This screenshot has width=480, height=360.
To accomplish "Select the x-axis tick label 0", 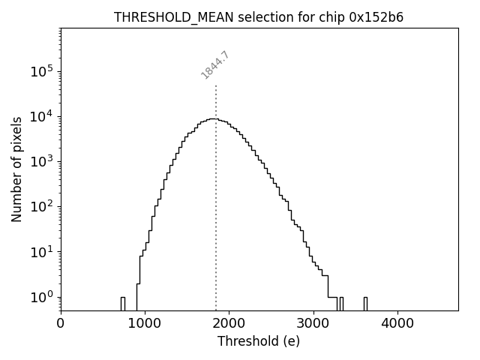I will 61,324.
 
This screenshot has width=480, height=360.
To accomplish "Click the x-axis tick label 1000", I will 145,324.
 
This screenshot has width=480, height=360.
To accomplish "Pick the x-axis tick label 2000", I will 229,324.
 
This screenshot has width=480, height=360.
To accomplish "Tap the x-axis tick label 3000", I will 313,324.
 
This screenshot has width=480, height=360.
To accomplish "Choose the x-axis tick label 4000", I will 397,324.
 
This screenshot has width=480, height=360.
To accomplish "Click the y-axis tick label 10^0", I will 40,297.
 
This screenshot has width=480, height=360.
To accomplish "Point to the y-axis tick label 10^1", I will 40,252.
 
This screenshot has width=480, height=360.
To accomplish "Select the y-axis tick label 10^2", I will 40,207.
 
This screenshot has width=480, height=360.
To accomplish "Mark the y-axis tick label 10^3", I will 40,162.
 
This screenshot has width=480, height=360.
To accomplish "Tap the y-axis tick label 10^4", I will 40,117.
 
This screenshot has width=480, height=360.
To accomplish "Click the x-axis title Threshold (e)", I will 259,342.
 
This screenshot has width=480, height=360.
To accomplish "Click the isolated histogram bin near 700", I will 123,303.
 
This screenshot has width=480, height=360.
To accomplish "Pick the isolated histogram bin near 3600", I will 365,303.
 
